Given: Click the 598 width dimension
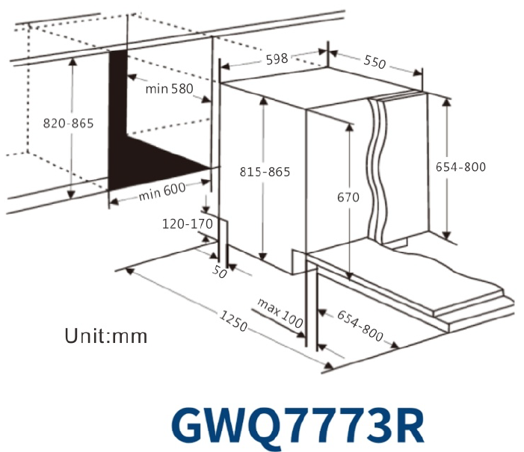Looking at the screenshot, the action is pyautogui.click(x=277, y=59).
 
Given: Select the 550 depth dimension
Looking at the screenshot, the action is pyautogui.click(x=374, y=62).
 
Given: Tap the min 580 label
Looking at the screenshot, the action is pyautogui.click(x=169, y=89).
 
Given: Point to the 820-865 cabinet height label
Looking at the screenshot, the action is pyautogui.click(x=69, y=123).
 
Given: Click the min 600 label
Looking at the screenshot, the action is pyautogui.click(x=162, y=192).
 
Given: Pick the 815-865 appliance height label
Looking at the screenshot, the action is pyautogui.click(x=265, y=172).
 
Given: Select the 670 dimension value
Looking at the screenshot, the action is pyautogui.click(x=348, y=197).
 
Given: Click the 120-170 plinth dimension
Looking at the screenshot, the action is pyautogui.click(x=187, y=224).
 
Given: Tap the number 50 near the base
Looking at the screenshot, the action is pyautogui.click(x=220, y=272).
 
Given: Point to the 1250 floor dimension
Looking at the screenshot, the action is pyautogui.click(x=233, y=321).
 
